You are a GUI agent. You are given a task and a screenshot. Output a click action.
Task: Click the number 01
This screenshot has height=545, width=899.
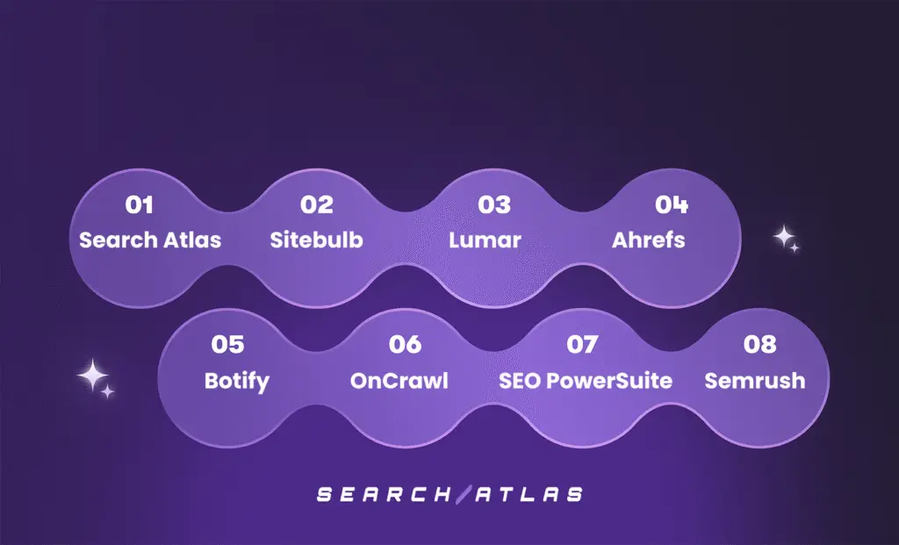point(139,204)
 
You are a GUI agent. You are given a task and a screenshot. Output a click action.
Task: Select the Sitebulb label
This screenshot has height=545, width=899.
point(316,240)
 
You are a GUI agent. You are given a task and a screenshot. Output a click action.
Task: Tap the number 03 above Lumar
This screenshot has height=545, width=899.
point(494,204)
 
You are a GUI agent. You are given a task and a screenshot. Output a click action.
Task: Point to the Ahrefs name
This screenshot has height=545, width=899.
point(649,240)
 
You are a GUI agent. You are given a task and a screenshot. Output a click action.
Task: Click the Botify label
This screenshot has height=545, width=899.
point(237,382)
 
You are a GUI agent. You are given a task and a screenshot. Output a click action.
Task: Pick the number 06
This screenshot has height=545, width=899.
point(405,344)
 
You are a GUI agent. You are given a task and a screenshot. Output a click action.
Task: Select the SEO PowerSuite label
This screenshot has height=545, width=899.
point(586,381)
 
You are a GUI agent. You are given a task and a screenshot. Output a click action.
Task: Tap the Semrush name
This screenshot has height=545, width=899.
point(754,381)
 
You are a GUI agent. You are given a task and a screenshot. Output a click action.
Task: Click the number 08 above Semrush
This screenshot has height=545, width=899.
point(759,344)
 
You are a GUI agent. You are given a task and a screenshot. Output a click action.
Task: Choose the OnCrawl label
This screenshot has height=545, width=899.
point(399,381)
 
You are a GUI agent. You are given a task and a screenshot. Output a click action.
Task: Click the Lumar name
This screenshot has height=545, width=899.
point(485,240)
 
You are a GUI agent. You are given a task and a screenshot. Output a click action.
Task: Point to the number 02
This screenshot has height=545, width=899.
point(316,204)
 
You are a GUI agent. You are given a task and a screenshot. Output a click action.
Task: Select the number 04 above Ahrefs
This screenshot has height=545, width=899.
point(672,204)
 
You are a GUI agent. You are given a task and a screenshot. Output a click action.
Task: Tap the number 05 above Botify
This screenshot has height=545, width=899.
point(227,344)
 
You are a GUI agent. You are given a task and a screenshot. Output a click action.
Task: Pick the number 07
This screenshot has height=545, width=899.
point(583,344)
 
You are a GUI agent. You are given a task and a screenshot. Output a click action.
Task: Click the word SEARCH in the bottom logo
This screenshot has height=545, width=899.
point(383,495)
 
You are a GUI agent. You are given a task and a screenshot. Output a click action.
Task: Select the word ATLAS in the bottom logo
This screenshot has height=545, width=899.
point(529,495)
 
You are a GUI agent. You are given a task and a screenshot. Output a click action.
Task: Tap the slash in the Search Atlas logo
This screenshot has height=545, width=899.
point(464,495)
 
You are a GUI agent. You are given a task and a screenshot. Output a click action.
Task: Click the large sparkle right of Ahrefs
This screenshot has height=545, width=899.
point(783,236)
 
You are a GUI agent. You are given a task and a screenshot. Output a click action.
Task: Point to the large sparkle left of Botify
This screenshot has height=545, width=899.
point(92,376)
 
